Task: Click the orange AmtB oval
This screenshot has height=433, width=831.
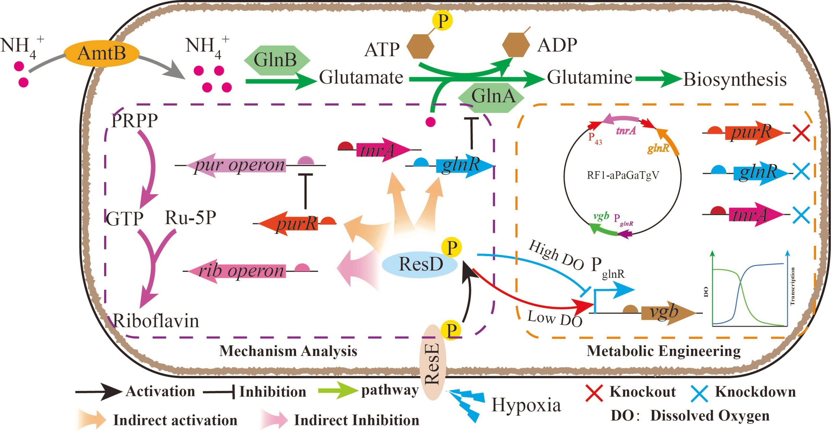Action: point(102,54)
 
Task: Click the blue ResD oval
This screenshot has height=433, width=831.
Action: point(420,264)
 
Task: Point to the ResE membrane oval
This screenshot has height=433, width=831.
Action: point(432,362)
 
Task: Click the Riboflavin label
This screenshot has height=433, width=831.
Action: point(156,321)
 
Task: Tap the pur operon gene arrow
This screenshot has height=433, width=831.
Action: point(237,165)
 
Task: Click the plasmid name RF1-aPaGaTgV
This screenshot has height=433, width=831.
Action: point(623,175)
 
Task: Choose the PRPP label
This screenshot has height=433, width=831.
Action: point(134,121)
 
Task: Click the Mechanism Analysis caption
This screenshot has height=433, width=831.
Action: point(288,351)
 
